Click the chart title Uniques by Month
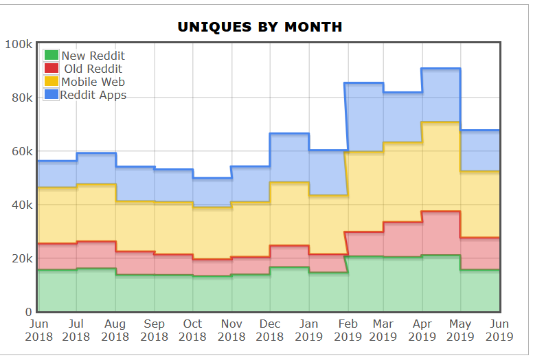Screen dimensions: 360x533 (x=260, y=27)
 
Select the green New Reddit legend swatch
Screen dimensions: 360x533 (x=52, y=56)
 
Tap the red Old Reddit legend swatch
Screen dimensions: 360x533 (x=52, y=69)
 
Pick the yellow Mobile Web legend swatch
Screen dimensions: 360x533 (x=52, y=82)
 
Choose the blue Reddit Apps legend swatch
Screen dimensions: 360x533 (x=52, y=95)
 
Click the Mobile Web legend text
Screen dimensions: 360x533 (x=93, y=82)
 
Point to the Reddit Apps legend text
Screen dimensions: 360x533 (x=93, y=95)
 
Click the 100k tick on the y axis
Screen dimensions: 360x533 (x=19, y=44)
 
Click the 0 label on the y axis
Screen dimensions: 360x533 (x=29, y=312)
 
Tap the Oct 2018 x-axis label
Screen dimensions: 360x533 (x=192, y=330)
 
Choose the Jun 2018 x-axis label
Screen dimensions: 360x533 (x=38, y=330)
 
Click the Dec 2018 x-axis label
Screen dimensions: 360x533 (x=270, y=330)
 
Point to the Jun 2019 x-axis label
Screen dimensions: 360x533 (x=500, y=330)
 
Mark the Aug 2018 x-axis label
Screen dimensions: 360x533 (x=115, y=330)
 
